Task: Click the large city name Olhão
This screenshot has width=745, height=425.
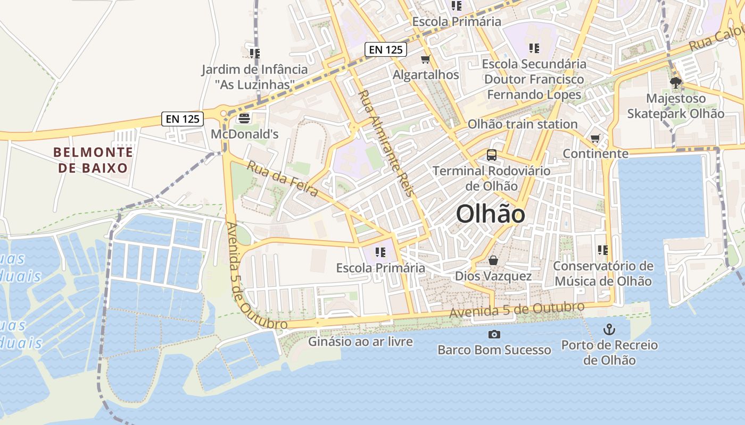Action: click(x=491, y=214)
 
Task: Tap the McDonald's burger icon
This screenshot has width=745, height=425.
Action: click(x=244, y=118)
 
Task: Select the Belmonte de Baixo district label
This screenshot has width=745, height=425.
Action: click(x=93, y=160)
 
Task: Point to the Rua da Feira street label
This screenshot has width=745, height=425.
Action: click(x=283, y=178)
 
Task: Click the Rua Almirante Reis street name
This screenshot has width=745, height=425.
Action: click(x=386, y=143)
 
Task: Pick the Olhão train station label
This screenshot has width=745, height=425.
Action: click(x=522, y=124)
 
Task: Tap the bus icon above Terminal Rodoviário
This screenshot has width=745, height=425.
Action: click(x=491, y=155)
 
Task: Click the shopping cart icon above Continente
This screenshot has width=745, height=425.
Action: click(x=595, y=139)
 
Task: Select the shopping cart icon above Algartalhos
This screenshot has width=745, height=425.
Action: click(x=425, y=59)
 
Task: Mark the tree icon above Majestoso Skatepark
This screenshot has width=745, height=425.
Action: click(x=676, y=83)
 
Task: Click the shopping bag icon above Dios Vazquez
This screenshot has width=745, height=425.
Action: click(x=493, y=261)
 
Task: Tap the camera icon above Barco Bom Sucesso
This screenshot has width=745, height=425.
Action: click(x=494, y=334)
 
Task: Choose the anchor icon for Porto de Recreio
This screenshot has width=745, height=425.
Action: click(x=609, y=329)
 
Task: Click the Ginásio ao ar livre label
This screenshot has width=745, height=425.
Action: click(x=360, y=342)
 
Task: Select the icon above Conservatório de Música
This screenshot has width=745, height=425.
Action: click(x=603, y=250)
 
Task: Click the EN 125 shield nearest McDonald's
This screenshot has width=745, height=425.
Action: click(x=183, y=119)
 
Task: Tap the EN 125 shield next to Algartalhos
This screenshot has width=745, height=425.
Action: click(x=386, y=49)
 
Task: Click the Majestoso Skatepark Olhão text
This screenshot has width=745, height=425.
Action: click(x=675, y=106)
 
